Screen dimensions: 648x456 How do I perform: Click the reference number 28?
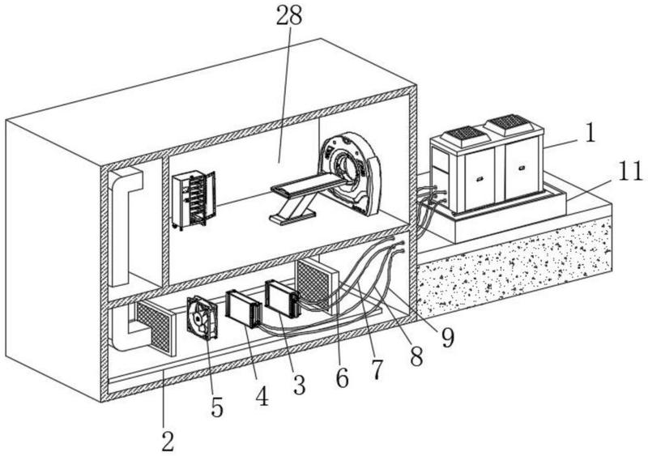(x=289, y=15)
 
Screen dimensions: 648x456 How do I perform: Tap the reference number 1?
(x=590, y=133)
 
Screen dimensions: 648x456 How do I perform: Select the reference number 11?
(x=630, y=171)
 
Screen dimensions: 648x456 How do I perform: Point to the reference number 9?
(x=447, y=338)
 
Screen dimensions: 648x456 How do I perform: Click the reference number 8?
(x=416, y=356)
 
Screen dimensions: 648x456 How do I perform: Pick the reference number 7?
(x=377, y=369)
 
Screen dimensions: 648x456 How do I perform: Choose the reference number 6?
(x=342, y=377)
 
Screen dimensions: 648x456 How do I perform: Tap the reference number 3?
(x=298, y=385)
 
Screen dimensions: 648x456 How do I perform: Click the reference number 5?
(x=217, y=407)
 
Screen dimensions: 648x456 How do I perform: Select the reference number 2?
(x=168, y=441)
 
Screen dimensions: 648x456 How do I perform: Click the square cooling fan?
(x=202, y=318)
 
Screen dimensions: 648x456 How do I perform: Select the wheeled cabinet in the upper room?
(x=194, y=200)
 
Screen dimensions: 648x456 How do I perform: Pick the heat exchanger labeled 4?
(x=244, y=309)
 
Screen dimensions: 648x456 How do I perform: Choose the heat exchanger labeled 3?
(x=281, y=299)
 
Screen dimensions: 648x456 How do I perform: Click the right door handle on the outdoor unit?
(x=522, y=168)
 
